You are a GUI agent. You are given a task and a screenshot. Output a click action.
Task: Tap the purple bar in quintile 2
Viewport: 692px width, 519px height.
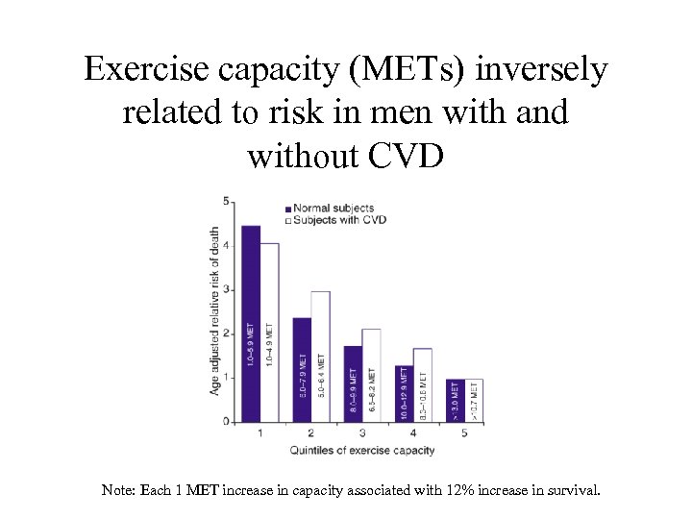click(302, 369)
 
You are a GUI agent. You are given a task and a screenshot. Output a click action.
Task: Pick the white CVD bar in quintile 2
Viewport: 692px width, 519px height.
click(320, 356)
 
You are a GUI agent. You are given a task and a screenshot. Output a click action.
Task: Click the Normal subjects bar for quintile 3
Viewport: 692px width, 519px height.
click(353, 383)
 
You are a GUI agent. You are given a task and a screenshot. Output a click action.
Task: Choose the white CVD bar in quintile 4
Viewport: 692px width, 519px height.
click(423, 384)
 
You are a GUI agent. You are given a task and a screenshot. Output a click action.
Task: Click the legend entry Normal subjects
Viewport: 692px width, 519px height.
click(333, 208)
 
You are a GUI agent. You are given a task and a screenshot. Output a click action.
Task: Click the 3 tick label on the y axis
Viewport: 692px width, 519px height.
click(226, 289)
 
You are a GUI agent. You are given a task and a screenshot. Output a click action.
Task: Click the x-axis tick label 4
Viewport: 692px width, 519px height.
click(413, 433)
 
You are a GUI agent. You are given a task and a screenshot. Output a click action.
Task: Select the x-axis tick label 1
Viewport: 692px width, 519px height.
click(260, 433)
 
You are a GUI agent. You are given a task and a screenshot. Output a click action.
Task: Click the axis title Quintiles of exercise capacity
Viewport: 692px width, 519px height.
click(362, 450)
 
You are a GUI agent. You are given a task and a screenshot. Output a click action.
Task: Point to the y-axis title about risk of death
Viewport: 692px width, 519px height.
click(214, 309)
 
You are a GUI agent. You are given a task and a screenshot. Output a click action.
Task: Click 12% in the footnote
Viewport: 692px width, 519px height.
click(461, 490)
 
